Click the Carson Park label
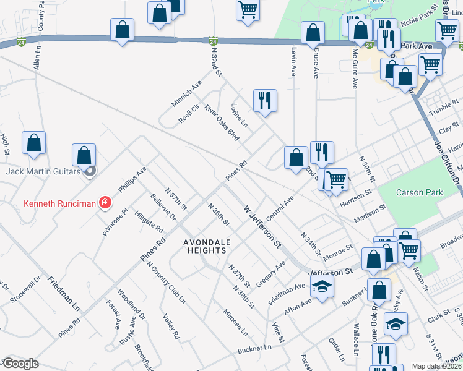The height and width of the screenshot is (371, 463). [x=420, y=192]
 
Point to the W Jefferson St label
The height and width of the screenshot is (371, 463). [x=262, y=227]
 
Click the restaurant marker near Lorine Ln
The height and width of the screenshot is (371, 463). [x=266, y=100]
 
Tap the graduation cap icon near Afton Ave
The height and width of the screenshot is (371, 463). [x=322, y=287]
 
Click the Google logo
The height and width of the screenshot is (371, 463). [x=20, y=364]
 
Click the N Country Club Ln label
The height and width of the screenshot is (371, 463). [x=166, y=282]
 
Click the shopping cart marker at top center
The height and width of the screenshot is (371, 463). [x=248, y=10]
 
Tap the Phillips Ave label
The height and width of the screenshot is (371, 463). [x=132, y=179]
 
